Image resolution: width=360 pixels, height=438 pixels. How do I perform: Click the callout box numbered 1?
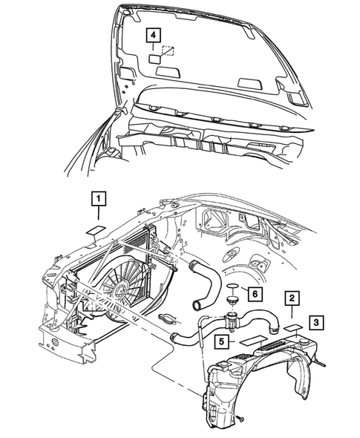[98, 199]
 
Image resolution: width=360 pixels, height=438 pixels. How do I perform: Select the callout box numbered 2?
[294, 298]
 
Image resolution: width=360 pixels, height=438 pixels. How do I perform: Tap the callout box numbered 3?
[316, 322]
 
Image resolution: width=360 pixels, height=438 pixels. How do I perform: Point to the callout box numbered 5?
[221, 341]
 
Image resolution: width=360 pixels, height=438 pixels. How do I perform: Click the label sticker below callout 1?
[96, 230]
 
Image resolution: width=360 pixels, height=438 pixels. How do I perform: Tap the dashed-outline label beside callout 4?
[168, 52]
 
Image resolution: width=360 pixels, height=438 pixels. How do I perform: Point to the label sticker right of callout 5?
[254, 341]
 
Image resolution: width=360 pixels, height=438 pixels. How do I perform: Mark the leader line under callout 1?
[98, 216]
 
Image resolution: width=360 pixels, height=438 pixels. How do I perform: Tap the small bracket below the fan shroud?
[170, 320]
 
